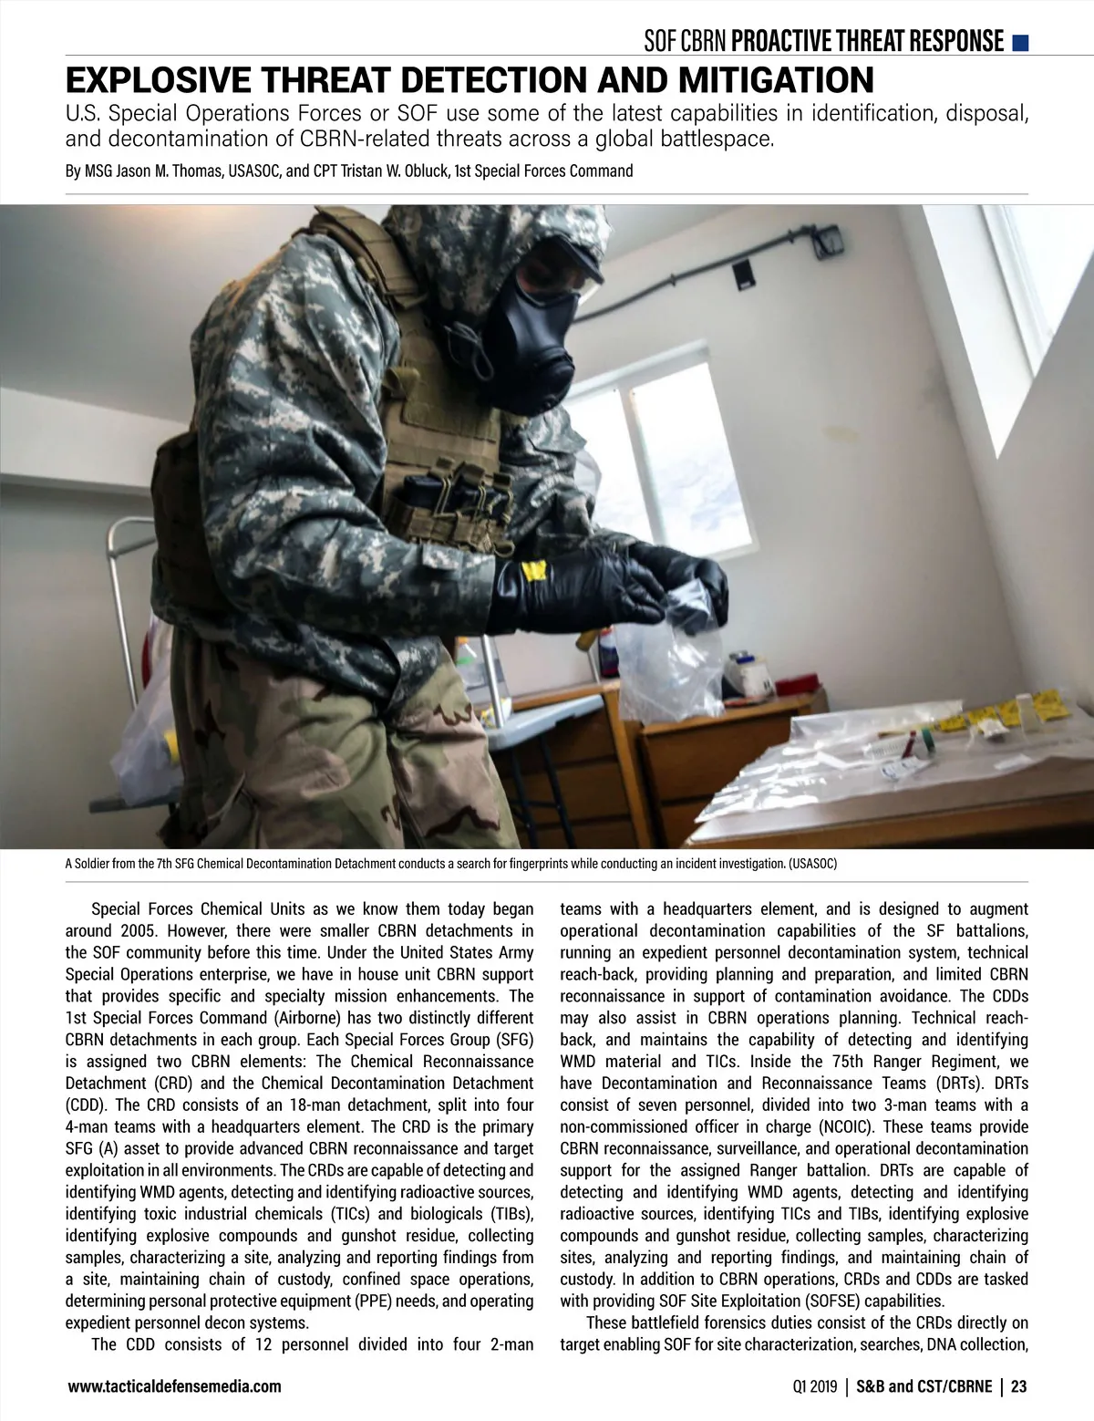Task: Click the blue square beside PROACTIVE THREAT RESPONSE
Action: [x=1021, y=42]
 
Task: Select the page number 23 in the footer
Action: [x=1018, y=1387]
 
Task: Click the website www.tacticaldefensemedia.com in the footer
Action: [x=174, y=1387]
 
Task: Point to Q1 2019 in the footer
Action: [x=814, y=1387]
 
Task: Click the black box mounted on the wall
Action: [x=744, y=271]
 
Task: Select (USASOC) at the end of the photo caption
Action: [x=812, y=863]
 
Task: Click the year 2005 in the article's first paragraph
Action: [x=138, y=931]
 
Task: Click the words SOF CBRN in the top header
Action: [x=685, y=42]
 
